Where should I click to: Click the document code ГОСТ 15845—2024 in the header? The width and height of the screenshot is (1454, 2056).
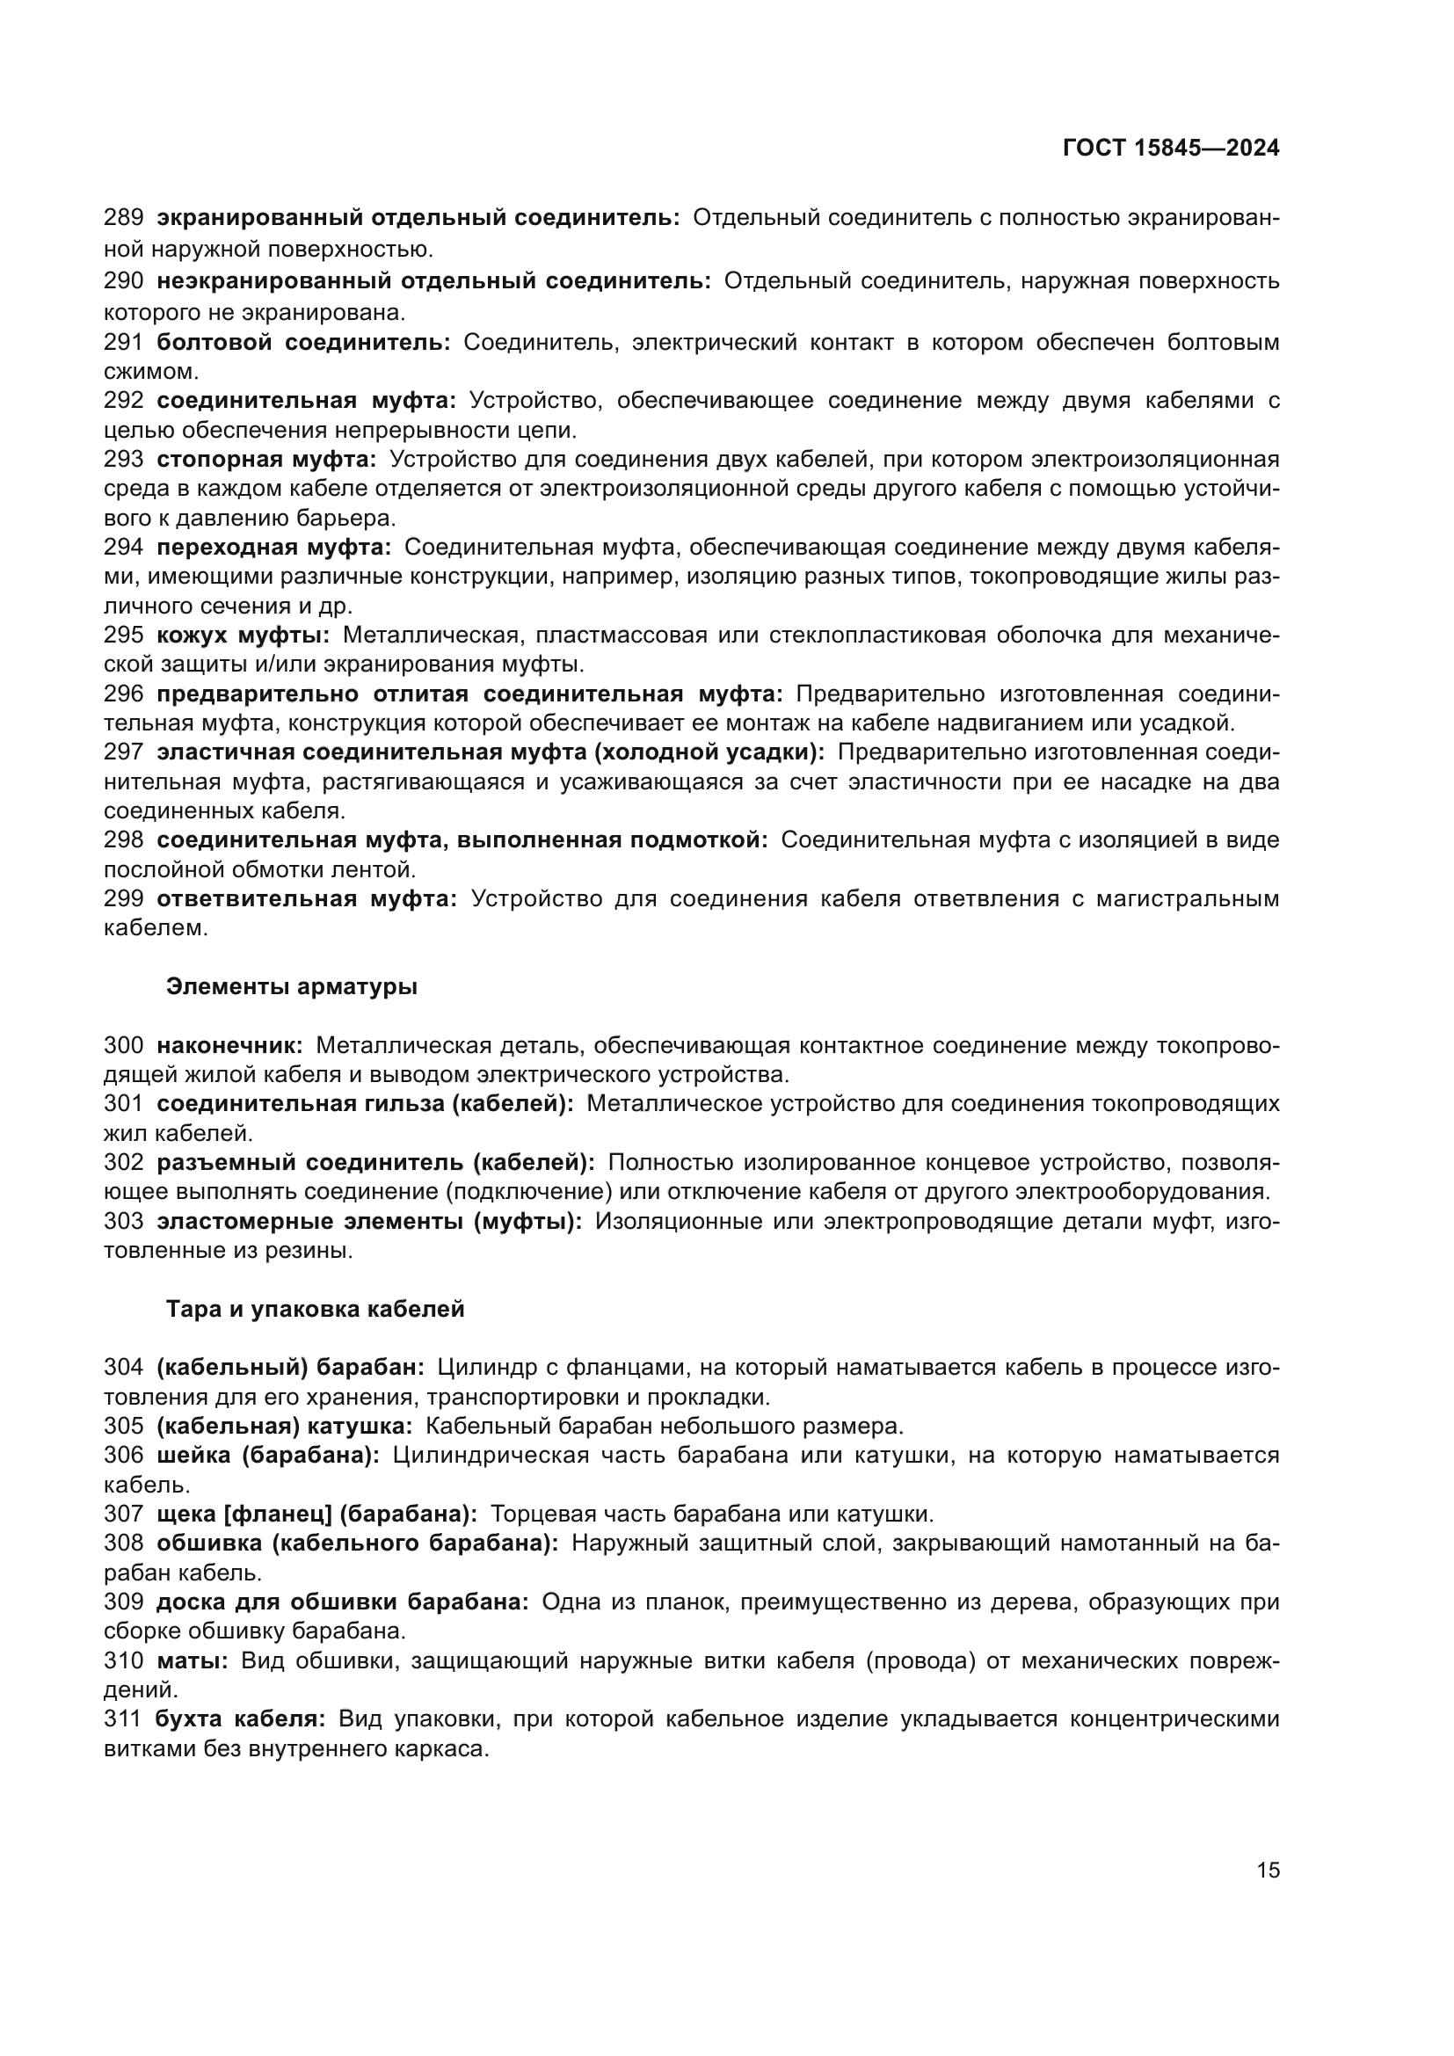(1170, 149)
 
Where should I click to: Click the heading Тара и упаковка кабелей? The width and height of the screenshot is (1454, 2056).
(316, 1309)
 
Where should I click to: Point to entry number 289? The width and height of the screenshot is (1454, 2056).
(124, 218)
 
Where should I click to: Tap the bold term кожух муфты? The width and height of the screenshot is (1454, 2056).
(243, 635)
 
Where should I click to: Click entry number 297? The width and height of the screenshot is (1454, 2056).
(124, 752)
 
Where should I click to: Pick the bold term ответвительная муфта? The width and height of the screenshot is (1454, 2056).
(306, 898)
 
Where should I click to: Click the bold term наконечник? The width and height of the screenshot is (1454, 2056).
(229, 1045)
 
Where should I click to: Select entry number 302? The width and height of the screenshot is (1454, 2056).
(124, 1162)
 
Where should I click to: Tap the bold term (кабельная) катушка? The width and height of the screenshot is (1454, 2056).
(284, 1426)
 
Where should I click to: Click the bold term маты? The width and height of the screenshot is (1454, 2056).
(192, 1660)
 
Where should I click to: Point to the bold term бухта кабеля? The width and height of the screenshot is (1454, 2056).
(240, 1718)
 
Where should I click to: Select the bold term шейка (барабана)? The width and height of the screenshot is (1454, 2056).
(268, 1455)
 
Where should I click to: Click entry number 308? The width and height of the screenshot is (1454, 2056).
(124, 1543)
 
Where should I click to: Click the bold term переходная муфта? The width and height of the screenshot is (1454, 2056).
(274, 547)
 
